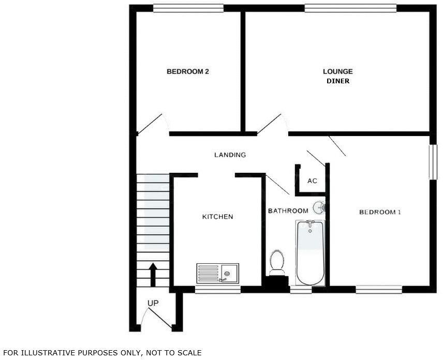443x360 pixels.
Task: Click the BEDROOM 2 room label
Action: coord(187,72)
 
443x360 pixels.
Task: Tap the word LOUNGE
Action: coord(337,72)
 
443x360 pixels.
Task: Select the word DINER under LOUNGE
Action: coord(337,81)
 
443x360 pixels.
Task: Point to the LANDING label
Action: coord(230,155)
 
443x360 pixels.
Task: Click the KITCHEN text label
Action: coord(217,217)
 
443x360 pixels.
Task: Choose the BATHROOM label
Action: coord(288,211)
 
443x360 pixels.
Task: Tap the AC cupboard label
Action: coord(312,181)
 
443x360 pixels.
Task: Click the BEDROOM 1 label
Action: coord(380,212)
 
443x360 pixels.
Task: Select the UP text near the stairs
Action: coord(153,303)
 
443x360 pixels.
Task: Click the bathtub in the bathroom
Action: coord(310,252)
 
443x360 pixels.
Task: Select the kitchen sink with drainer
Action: coord(217,273)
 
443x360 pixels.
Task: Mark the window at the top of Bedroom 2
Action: coord(188,8)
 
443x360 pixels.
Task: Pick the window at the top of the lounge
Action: coord(350,8)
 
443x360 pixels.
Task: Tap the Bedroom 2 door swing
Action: coord(152,124)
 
